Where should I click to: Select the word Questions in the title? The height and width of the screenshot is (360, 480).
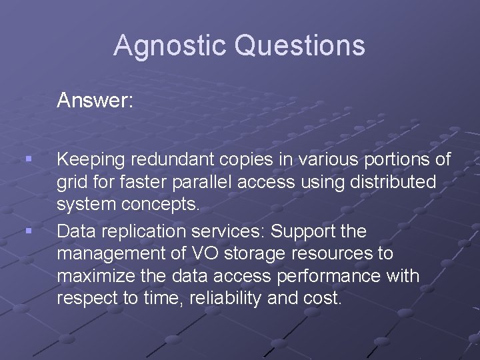301,46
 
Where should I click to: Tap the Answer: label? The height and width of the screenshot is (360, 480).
95,101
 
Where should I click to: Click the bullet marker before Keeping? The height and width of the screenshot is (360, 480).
27,159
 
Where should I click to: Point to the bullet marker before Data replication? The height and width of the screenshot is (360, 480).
27,231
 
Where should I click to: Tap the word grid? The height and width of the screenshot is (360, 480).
71,182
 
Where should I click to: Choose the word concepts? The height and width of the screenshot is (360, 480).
160,205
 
